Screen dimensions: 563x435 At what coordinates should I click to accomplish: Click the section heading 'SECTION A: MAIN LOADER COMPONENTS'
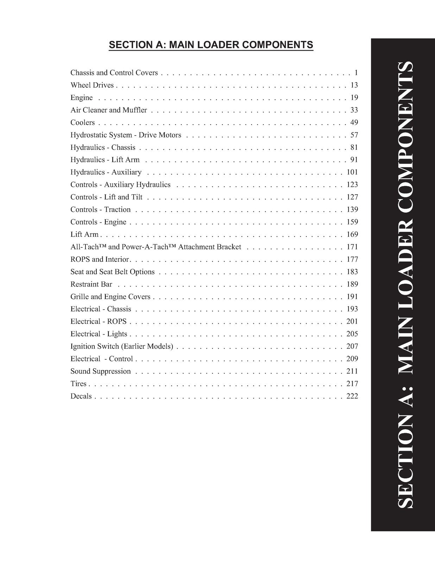point(211,45)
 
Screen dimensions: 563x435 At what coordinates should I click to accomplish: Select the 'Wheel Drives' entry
point(92,85)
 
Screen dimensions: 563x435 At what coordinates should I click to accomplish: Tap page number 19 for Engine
point(354,97)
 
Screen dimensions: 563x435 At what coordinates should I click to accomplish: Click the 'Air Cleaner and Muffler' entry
point(109,110)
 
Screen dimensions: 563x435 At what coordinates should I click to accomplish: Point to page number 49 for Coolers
point(354,122)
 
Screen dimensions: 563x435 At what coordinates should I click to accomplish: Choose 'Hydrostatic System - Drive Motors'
point(126,135)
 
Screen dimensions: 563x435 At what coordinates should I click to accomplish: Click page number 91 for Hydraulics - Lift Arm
point(354,160)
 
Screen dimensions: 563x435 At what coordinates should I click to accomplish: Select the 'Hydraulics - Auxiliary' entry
point(106,172)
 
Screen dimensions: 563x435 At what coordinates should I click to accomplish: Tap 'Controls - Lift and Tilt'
point(106,197)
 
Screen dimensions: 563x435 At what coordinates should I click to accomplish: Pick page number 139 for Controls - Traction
point(352,210)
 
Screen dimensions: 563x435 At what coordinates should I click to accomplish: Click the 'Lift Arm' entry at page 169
point(84,234)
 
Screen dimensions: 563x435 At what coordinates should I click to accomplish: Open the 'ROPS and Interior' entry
point(100,259)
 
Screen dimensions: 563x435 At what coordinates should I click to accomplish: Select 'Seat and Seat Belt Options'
point(113,272)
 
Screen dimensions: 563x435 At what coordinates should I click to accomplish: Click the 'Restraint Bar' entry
point(91,284)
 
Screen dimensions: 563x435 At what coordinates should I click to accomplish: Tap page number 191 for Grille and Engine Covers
point(352,297)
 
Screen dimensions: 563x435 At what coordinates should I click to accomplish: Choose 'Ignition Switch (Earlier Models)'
point(122,346)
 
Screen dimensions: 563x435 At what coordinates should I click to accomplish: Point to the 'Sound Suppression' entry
point(101,371)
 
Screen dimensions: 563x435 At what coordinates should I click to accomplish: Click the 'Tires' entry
point(78,384)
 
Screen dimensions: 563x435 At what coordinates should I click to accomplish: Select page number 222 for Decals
point(352,396)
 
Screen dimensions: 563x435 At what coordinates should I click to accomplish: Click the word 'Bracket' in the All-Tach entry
point(229,247)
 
